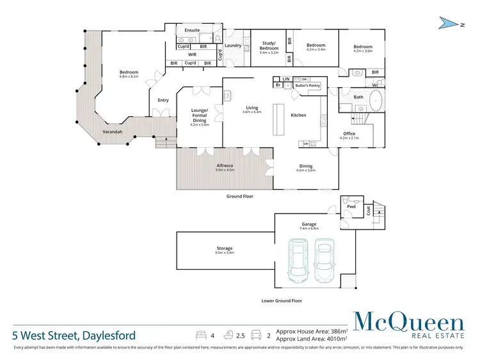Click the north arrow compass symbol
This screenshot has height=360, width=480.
point(451,24)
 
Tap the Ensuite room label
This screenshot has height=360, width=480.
point(192,30)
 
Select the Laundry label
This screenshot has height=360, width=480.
point(233,45)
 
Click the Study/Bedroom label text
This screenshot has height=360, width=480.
point(269,46)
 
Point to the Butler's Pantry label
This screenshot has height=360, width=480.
point(307,84)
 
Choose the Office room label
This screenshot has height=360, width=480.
point(349,134)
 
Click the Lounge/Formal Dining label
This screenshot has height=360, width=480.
point(199,115)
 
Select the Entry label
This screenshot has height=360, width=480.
point(163,100)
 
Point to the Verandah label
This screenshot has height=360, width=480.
point(113,132)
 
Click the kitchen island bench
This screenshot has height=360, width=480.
point(280,118)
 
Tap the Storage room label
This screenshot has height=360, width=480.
point(224,247)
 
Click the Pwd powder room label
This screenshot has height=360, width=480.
point(351,207)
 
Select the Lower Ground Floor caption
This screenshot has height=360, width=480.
point(282,301)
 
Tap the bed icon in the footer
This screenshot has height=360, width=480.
point(200,334)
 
